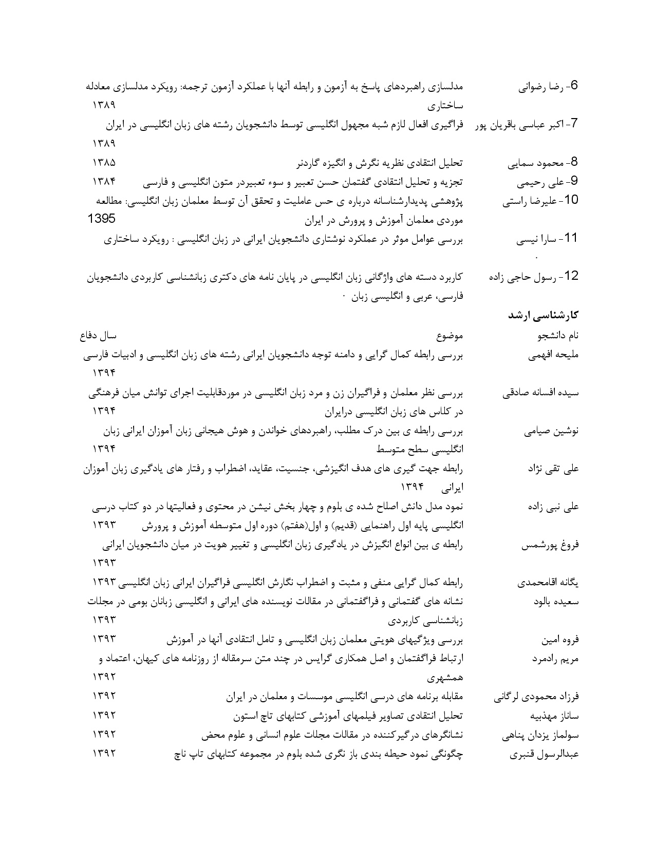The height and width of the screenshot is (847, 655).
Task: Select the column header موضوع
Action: [x=450, y=336]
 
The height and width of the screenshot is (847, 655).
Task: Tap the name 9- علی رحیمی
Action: [x=548, y=182]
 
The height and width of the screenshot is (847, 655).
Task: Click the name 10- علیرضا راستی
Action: [x=540, y=201]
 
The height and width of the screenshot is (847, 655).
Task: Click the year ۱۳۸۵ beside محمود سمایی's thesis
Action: [x=104, y=163]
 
